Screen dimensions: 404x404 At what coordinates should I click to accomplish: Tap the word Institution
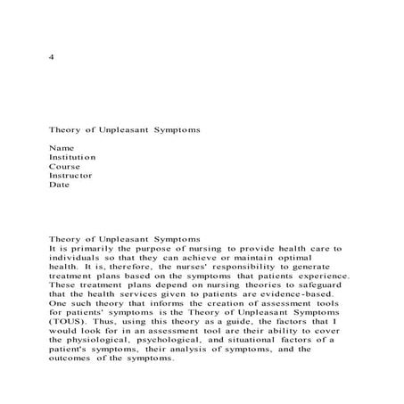[x=72, y=157]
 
